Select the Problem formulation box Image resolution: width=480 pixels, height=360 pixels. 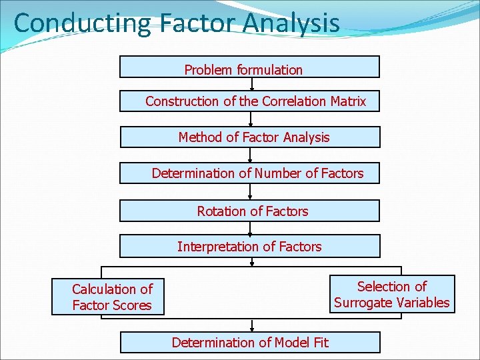click(x=249, y=67)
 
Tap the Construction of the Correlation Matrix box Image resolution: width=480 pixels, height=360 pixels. click(x=249, y=101)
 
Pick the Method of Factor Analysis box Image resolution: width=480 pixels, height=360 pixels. click(x=249, y=137)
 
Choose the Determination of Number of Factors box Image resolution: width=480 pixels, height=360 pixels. click(x=249, y=173)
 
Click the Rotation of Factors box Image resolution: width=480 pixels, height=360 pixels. click(x=249, y=211)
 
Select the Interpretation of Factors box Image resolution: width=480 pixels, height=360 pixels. click(x=249, y=246)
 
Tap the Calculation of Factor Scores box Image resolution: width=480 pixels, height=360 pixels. click(x=107, y=297)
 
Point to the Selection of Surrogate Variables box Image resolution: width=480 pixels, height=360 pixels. click(x=392, y=294)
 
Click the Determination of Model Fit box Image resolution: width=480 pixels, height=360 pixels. click(x=249, y=342)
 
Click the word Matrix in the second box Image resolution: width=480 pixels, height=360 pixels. click(x=347, y=101)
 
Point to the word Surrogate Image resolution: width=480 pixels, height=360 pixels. click(x=363, y=303)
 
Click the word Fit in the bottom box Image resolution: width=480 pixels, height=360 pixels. click(x=320, y=343)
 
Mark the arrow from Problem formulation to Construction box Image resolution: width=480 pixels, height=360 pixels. click(x=252, y=84)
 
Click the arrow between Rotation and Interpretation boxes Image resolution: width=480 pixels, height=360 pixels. click(x=251, y=228)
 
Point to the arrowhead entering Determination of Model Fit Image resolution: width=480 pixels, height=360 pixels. click(x=252, y=329)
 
